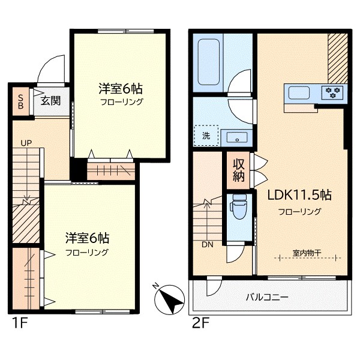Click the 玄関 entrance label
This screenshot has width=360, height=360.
[x=50, y=101]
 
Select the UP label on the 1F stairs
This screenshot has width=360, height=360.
[x=26, y=143]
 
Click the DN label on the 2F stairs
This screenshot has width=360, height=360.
[x=207, y=245]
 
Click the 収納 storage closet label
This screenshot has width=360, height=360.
[x=238, y=170]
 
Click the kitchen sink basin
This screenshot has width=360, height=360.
[x=298, y=93]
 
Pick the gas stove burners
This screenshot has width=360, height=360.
[x=332, y=92]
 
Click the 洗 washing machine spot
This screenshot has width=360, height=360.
[x=205, y=136]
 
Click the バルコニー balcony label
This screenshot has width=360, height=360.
[x=267, y=297]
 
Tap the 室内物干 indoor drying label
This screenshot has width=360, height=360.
[x=307, y=252]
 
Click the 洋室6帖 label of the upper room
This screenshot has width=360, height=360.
[x=121, y=89]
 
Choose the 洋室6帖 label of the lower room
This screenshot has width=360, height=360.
[x=87, y=237]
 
